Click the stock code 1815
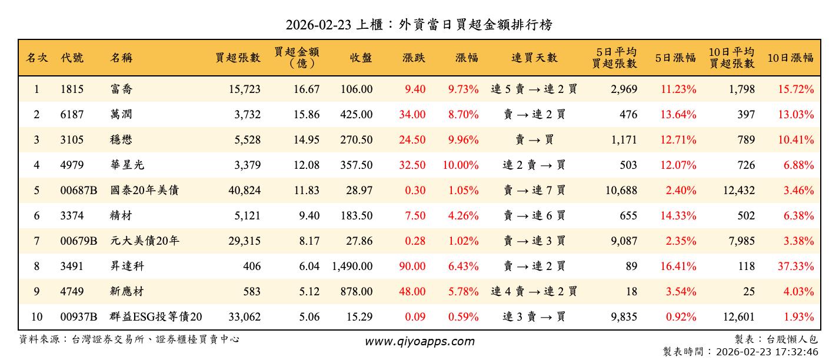click(72, 89)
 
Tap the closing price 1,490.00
click(352, 266)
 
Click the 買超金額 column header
click(297, 58)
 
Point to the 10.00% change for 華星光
click(461, 165)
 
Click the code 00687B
click(79, 191)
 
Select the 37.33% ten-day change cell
click(795, 266)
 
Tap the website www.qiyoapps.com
click(419, 341)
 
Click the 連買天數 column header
click(534, 58)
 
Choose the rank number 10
click(36, 317)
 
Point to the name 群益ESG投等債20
click(156, 317)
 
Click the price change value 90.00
click(412, 266)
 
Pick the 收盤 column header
click(361, 58)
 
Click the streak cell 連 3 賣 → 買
click(534, 317)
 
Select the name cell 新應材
click(127, 292)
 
